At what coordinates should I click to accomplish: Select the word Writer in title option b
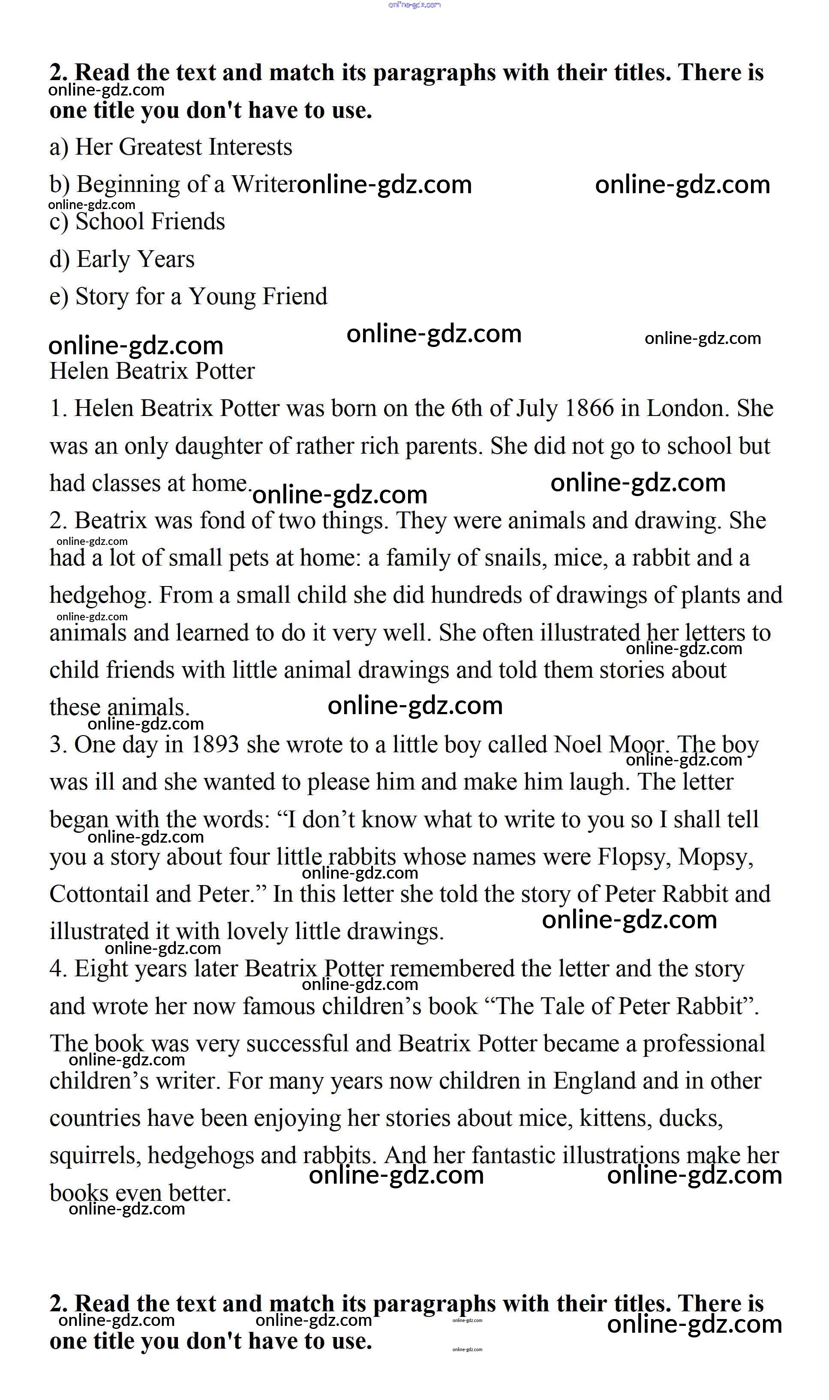pyautogui.click(x=264, y=184)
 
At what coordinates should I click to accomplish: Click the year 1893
pyautogui.click(x=214, y=745)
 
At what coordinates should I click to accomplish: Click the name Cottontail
pyautogui.click(x=99, y=895)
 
